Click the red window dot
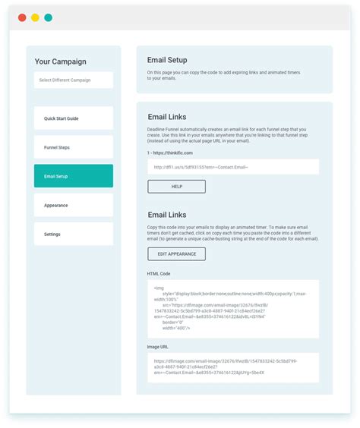[x=22, y=17]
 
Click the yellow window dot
[x=35, y=17]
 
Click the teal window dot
[x=48, y=17]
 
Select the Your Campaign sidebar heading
[x=60, y=61]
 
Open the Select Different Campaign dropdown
[x=73, y=80]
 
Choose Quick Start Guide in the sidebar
[x=73, y=118]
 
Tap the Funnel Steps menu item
[x=73, y=147]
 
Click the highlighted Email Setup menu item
[x=73, y=176]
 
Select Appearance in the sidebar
[x=73, y=205]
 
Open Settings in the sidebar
[x=73, y=234]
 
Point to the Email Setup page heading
[x=167, y=60]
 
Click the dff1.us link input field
[x=232, y=167]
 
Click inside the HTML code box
[x=232, y=308]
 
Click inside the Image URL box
[x=232, y=367]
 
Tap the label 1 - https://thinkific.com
[x=170, y=153]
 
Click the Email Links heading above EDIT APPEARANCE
[x=166, y=215]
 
